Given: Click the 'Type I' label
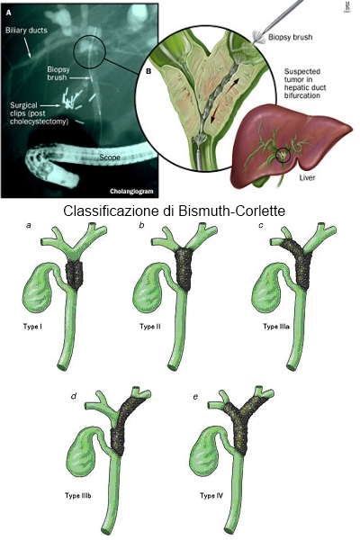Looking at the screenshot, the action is click(32, 326).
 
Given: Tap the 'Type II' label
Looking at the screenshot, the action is click(150, 326).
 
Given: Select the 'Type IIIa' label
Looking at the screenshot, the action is click(276, 326).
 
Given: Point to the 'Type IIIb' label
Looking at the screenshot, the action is click(78, 496).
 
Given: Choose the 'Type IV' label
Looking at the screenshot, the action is click(211, 496).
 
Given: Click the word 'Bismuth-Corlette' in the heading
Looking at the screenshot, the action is click(232, 211).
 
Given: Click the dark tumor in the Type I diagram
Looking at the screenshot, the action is click(74, 274).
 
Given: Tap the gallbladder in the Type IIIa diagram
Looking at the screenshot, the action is click(267, 289).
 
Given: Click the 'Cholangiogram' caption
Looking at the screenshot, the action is click(131, 191).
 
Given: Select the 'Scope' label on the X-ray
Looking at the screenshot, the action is click(110, 157).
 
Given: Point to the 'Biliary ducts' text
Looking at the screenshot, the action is click(26, 31).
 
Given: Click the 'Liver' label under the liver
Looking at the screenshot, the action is click(307, 177).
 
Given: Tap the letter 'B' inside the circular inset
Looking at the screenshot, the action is click(148, 71).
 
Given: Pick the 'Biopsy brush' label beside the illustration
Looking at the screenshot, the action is click(291, 37).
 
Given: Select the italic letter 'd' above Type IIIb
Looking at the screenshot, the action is click(74, 396).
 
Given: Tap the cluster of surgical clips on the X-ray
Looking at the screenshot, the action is click(72, 100).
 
